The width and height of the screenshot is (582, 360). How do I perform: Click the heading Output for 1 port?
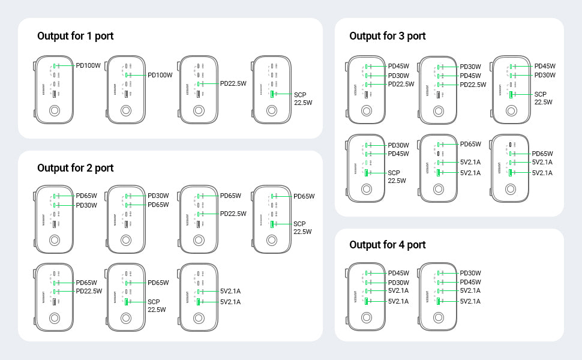(x=75, y=36)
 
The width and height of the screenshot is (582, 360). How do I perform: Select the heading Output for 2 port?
(x=75, y=168)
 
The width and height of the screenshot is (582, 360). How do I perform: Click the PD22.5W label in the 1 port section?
(x=233, y=84)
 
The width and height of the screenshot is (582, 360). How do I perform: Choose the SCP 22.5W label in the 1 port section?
(x=303, y=98)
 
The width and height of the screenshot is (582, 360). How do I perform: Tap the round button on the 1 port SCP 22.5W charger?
(x=272, y=111)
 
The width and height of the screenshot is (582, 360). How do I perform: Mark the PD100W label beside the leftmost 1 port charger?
(x=88, y=66)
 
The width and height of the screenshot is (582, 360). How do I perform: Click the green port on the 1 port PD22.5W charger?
(x=199, y=84)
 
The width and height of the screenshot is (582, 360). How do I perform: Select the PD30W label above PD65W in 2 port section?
(x=158, y=196)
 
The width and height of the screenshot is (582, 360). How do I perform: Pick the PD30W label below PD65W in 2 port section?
(x=86, y=205)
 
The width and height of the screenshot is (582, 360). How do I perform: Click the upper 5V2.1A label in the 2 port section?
(x=230, y=292)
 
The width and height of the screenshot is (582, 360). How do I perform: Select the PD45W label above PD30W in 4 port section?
(x=398, y=273)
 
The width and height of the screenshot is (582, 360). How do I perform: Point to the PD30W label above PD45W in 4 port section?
(x=470, y=273)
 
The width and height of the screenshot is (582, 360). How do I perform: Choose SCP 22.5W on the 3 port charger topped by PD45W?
(x=544, y=98)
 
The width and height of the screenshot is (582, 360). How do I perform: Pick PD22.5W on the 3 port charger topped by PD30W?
(x=473, y=85)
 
